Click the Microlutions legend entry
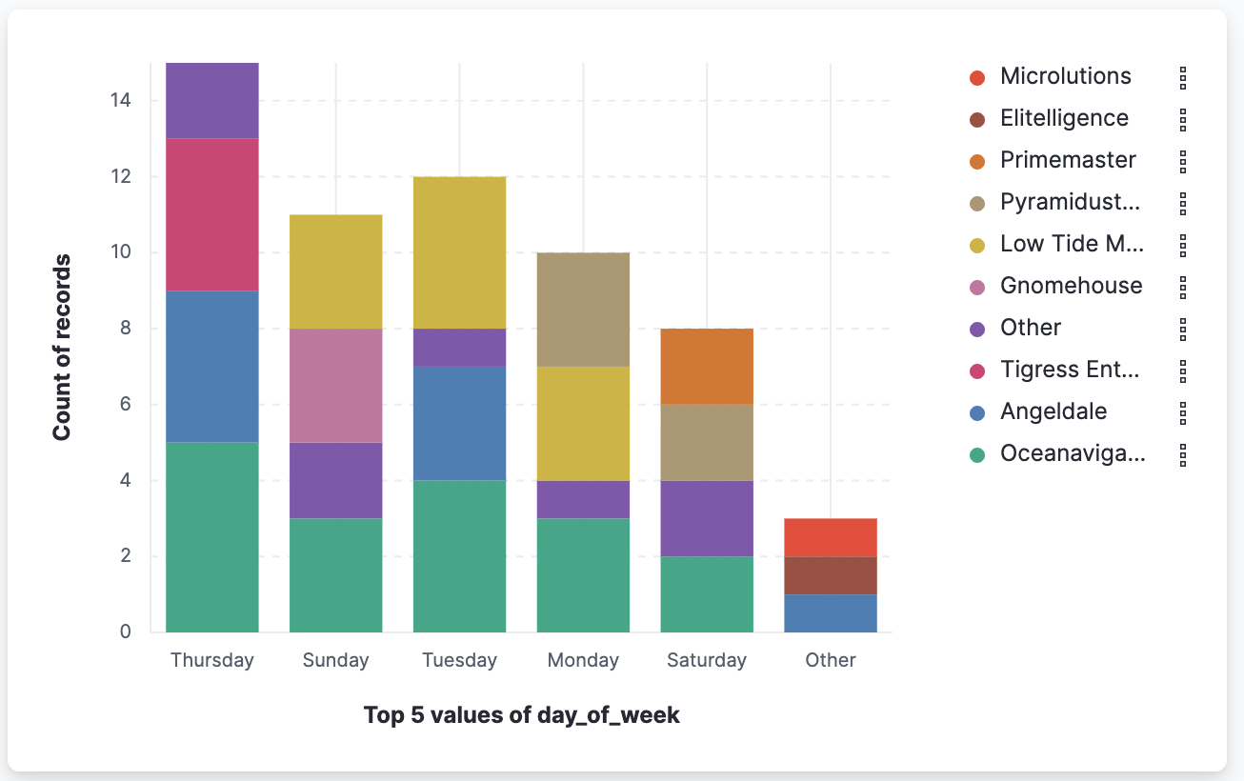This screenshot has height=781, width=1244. [1065, 77]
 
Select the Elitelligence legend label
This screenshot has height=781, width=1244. [1063, 119]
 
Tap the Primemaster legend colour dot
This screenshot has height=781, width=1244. [976, 161]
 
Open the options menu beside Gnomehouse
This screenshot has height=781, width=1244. [1182, 287]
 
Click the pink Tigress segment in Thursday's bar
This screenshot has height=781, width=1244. [212, 214]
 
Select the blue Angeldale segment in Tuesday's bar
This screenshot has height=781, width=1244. [459, 423]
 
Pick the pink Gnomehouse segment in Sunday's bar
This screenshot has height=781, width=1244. [335, 386]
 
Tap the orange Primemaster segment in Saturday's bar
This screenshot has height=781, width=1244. [707, 366]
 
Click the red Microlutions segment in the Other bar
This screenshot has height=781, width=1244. [830, 537]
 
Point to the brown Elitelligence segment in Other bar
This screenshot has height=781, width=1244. [830, 575]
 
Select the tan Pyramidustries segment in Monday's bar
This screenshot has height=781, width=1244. [583, 310]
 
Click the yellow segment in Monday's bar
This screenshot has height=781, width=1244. [583, 423]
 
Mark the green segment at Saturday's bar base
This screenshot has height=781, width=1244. [707, 594]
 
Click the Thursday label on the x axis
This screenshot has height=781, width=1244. [212, 660]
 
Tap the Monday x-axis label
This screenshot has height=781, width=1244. [583, 660]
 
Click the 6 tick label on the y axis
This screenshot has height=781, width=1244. [124, 405]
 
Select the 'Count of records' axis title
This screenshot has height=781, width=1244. [62, 348]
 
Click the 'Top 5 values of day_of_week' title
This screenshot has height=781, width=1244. [522, 715]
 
